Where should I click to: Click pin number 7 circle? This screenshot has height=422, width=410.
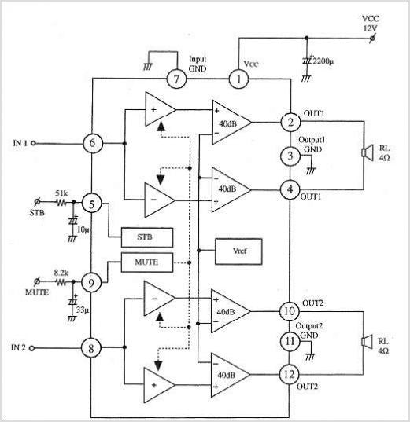176,79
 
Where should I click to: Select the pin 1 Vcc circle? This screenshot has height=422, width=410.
238,79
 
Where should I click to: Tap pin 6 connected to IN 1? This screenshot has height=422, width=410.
92,143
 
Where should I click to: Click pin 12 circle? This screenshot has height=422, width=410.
290,374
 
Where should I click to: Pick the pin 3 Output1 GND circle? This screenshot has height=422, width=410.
290,156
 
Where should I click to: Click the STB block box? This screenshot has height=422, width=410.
147,237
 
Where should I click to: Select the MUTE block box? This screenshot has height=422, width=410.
147,262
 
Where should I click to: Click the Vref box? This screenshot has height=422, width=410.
238,251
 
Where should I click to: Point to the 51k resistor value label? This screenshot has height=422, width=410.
61,193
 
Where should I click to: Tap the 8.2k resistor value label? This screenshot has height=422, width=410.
61,273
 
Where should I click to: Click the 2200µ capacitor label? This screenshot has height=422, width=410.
323,61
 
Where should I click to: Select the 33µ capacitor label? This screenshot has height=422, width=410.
83,310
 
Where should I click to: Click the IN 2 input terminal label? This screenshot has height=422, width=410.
18,347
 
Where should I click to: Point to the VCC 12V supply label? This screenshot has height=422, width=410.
371,24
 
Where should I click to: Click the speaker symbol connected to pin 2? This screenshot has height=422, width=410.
368,152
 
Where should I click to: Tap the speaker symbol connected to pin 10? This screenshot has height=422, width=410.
367,342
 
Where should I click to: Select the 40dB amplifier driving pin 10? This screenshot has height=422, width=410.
231,311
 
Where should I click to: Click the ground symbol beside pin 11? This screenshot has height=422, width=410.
310,357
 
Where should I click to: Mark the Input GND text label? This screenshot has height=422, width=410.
198,64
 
